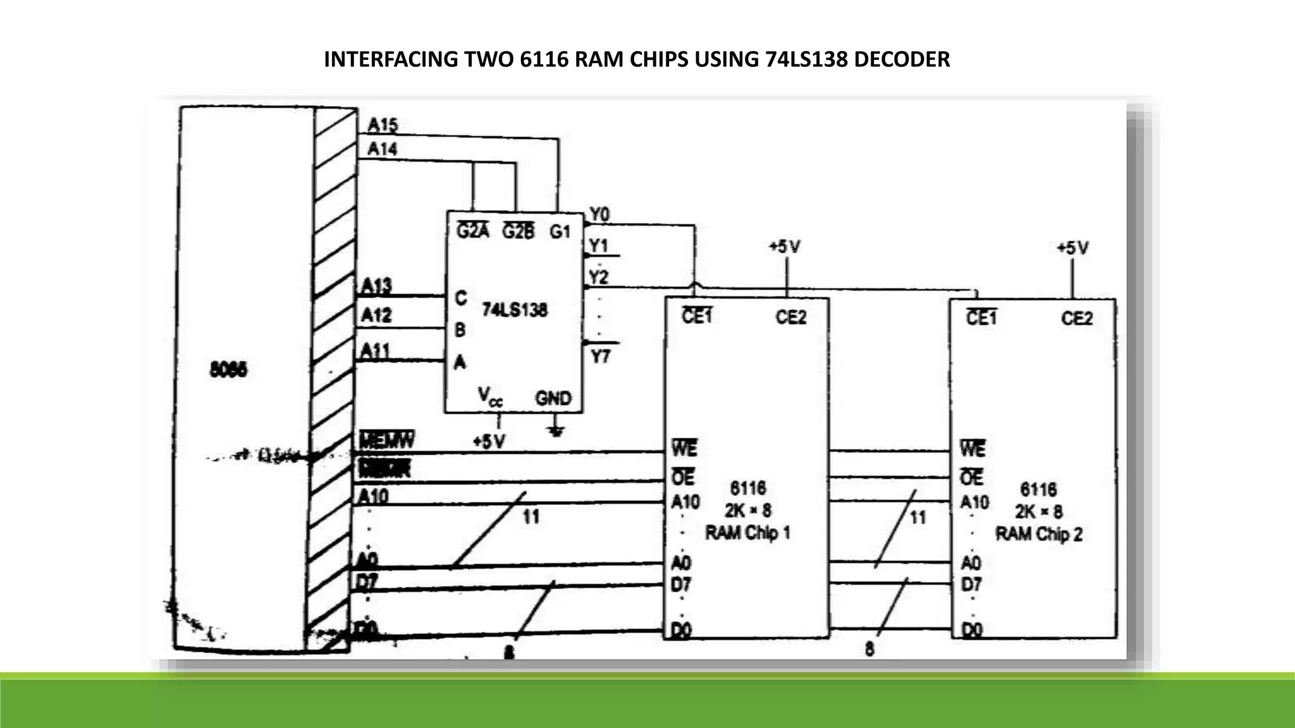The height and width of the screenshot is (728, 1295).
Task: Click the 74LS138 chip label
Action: (x=514, y=310)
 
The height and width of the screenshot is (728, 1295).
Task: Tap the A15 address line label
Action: (x=383, y=124)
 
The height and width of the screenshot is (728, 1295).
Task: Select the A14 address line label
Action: (x=382, y=149)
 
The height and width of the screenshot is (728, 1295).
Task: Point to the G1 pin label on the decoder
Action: (x=560, y=232)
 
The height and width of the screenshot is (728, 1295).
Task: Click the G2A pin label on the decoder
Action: (x=472, y=231)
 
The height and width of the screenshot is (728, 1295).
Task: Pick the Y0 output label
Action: (x=599, y=215)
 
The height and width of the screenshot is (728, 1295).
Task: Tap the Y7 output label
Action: (x=600, y=357)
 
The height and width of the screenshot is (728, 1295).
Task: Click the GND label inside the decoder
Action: (x=553, y=398)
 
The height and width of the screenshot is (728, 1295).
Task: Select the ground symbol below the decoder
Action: (x=556, y=431)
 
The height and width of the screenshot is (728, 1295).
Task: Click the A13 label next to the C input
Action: (x=376, y=286)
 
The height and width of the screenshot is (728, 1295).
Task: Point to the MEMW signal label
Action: (x=387, y=440)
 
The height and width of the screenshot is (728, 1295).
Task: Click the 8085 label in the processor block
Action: (x=228, y=370)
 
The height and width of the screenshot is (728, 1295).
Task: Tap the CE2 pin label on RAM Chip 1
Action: (x=790, y=317)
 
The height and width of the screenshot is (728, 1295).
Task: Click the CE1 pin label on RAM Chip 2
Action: (x=981, y=318)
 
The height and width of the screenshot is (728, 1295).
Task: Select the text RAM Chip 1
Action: (x=747, y=533)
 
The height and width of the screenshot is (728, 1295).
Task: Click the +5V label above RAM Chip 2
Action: (x=1072, y=248)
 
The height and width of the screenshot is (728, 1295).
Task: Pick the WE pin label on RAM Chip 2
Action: (x=972, y=449)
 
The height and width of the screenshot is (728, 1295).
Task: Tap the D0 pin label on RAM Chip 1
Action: (x=680, y=630)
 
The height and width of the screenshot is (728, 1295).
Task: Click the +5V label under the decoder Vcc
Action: (x=489, y=441)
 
